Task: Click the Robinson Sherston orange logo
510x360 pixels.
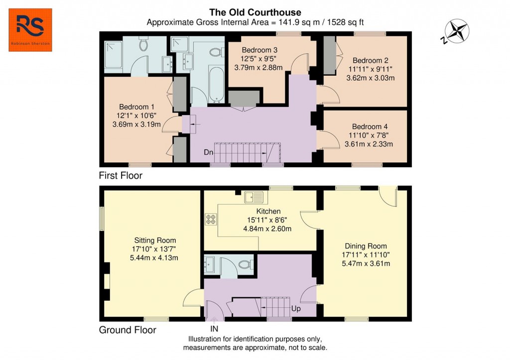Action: (30, 29)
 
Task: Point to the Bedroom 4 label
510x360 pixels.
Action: (369, 126)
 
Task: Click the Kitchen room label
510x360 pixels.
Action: (268, 212)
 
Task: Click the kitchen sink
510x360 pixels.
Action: (257, 197)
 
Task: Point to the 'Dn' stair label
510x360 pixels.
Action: (208, 153)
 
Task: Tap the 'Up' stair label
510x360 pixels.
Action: (296, 309)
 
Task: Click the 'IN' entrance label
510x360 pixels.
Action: (214, 329)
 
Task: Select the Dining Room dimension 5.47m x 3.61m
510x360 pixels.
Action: (366, 263)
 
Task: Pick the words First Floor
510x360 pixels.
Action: (121, 175)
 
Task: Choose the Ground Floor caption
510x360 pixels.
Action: (127, 330)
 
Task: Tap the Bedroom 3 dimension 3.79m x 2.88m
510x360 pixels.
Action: (258, 68)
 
